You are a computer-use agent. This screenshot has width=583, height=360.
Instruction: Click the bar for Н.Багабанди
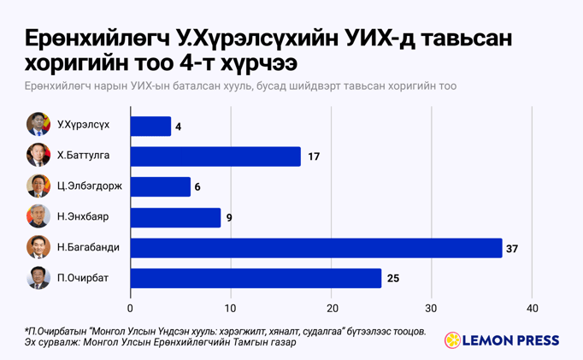[x=316, y=248]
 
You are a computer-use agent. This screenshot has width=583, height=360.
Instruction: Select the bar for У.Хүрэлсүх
[x=150, y=127]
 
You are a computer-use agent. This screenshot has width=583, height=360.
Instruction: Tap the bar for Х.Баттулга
[x=215, y=156]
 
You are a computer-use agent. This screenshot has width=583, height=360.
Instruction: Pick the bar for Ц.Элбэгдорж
[x=161, y=186]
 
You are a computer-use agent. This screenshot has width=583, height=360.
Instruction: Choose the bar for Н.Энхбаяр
[x=175, y=217]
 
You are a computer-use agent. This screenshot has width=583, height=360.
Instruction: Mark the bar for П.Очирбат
[x=256, y=278]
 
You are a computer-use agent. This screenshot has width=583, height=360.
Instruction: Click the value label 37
[x=513, y=248]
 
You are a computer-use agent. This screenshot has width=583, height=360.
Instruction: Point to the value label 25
[x=392, y=278]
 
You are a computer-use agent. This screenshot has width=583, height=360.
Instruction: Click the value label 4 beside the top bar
[x=178, y=127]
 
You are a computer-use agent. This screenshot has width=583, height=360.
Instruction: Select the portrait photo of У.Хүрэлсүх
[x=38, y=125]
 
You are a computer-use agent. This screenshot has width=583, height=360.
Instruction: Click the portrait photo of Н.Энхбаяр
[x=38, y=216]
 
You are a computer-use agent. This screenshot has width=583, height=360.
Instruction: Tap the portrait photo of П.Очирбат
[x=38, y=277]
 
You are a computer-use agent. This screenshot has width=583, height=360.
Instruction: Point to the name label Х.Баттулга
[x=83, y=156]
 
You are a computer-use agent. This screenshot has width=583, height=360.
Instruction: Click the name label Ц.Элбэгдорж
[x=89, y=186]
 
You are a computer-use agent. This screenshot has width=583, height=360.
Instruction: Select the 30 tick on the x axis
[x=432, y=308]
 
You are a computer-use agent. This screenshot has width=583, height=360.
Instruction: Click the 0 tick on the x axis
[x=131, y=308]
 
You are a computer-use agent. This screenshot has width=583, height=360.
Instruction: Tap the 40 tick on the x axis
[x=532, y=308]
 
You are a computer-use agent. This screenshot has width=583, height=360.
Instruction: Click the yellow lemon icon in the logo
[x=452, y=340]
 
